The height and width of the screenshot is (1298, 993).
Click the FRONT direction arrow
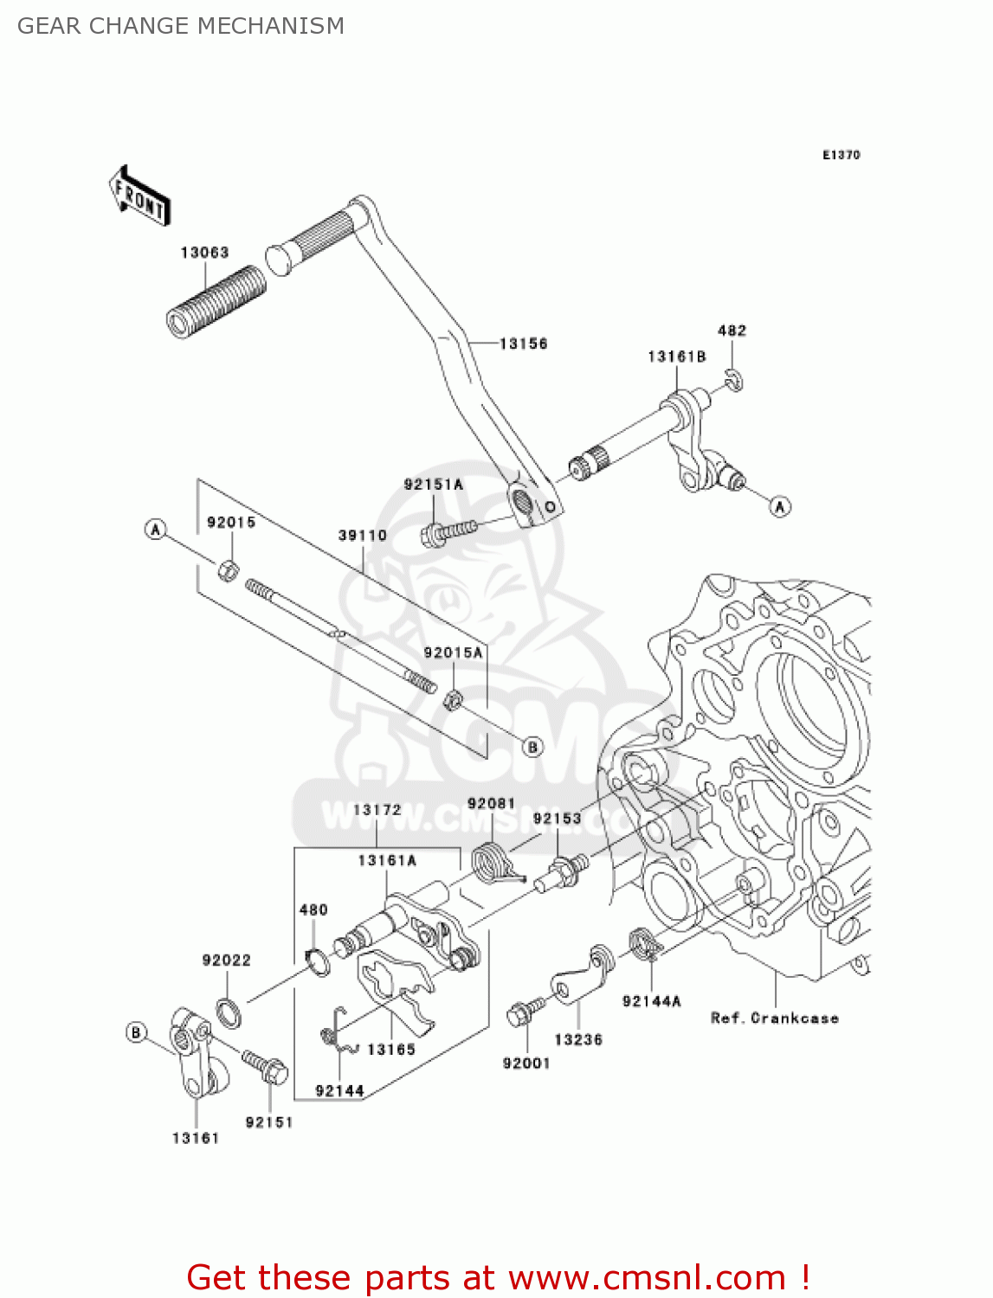139,196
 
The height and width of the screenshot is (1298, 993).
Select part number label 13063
204,253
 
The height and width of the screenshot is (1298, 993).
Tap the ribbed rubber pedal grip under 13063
216,302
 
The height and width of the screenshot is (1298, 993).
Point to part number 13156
524,344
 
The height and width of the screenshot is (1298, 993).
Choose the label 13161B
676,357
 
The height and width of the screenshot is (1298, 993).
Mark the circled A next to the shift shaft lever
780,506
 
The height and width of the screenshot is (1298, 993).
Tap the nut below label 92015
228,570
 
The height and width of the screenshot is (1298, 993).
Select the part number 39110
362,536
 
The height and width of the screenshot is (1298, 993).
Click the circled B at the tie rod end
533,746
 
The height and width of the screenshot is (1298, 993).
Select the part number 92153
557,819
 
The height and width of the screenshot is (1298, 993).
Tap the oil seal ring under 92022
229,1012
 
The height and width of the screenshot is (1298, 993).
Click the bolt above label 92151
265,1067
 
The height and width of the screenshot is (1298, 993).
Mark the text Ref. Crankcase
774,1018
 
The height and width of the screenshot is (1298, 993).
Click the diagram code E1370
841,155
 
